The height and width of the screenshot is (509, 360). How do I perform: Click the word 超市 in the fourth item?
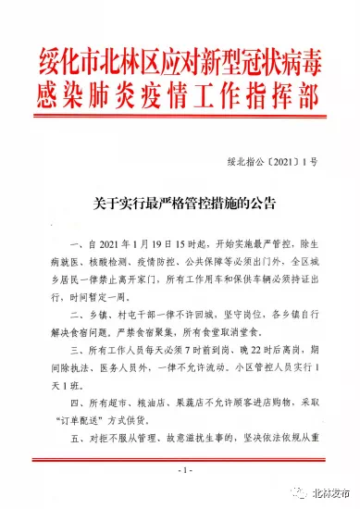(117, 406)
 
